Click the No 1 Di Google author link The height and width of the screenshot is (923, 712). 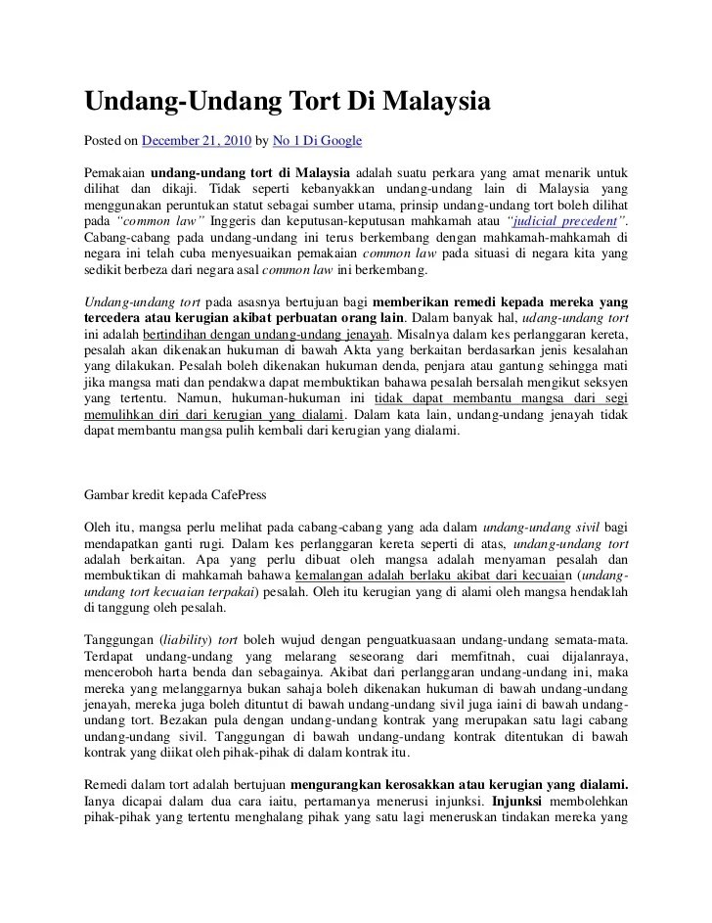[x=317, y=141]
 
